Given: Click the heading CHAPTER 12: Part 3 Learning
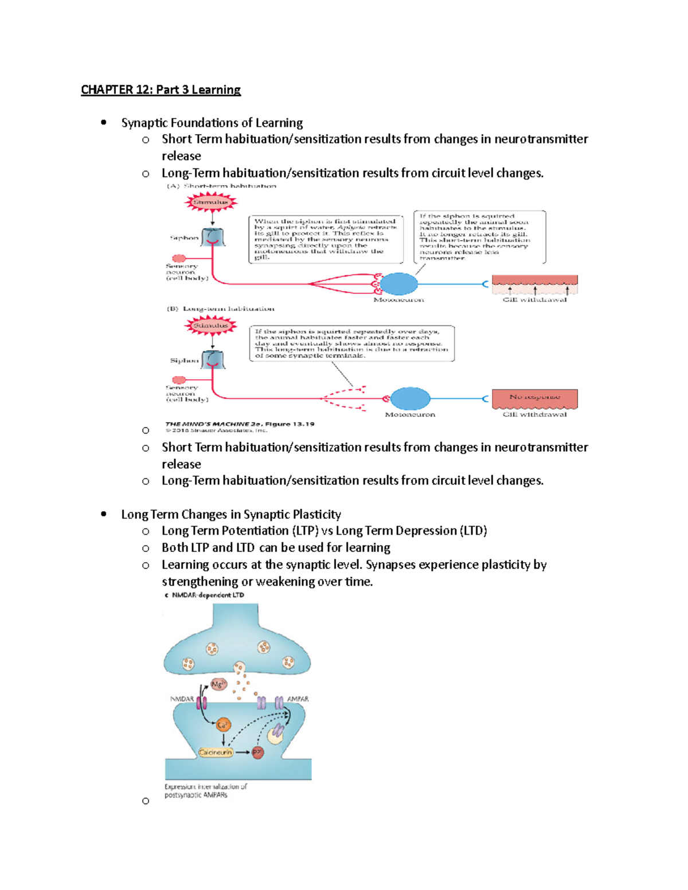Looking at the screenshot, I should pyautogui.click(x=161, y=90).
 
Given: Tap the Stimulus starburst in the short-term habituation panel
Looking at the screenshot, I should pyautogui.click(x=210, y=202).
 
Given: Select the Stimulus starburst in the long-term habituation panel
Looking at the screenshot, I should pyautogui.click(x=210, y=326).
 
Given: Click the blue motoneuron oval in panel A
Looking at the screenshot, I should pyautogui.click(x=398, y=284).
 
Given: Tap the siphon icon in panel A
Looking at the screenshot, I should pyautogui.click(x=213, y=237).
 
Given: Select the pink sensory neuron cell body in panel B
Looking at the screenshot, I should pyautogui.click(x=179, y=380).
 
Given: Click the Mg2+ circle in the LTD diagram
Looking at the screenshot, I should pyautogui.click(x=218, y=684).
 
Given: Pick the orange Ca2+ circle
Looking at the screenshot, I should pyautogui.click(x=223, y=725).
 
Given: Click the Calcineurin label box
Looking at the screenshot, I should pyautogui.click(x=216, y=752).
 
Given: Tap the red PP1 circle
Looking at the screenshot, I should pyautogui.click(x=257, y=752).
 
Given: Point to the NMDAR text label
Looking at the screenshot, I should pyautogui.click(x=182, y=699).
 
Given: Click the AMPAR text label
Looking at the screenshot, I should pyautogui.click(x=298, y=699).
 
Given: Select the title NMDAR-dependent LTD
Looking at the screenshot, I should pyautogui.click(x=208, y=595).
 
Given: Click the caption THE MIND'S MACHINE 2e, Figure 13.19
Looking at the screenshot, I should pyautogui.click(x=240, y=424).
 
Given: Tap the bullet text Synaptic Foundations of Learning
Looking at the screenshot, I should pyautogui.click(x=212, y=123).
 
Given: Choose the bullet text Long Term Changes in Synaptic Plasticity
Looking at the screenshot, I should pyautogui.click(x=231, y=514).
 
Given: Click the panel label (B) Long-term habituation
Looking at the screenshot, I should pyautogui.click(x=221, y=309).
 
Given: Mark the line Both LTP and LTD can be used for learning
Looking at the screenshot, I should pyautogui.click(x=276, y=548).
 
